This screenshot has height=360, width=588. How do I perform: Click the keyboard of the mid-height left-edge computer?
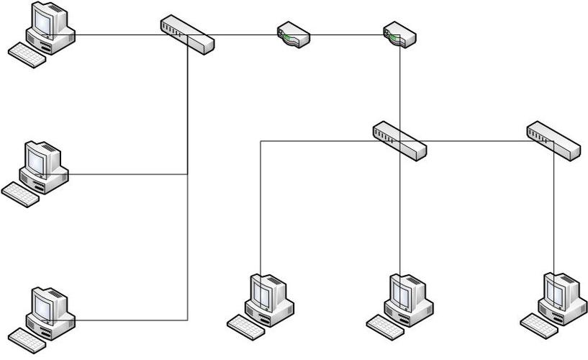click(20, 194)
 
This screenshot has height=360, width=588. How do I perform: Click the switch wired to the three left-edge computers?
click(187, 34)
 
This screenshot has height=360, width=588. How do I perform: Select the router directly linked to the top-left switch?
click(294, 35)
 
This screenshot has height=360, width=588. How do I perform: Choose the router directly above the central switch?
click(399, 35)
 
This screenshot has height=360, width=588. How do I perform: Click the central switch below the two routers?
click(399, 140)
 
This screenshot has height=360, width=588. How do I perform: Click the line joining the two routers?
click(345, 34)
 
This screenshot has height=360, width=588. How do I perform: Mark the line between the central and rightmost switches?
click(475, 141)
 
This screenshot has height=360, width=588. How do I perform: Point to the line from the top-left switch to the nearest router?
click(245, 34)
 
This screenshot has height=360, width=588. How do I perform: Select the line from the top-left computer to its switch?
click(115, 34)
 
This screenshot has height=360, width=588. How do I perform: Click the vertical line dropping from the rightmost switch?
click(553, 216)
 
